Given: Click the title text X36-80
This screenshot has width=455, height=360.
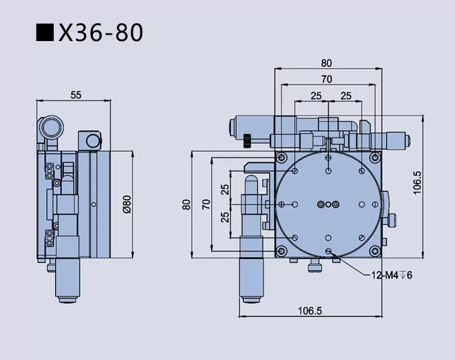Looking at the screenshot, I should coord(101,33).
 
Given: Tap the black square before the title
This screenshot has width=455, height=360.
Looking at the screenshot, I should coord(45,33).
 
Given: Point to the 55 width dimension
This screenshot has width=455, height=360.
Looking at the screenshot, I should coord(75,95).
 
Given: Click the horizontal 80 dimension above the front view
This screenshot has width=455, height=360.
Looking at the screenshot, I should coord(326,63).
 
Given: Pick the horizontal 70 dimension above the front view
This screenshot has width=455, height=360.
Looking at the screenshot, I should coord(326,80).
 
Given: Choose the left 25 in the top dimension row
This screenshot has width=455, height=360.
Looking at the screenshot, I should coord(315,95).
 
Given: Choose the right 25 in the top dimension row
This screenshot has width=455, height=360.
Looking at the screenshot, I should coord(346,95).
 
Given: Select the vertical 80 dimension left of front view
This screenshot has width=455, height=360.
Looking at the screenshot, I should coord(186,204).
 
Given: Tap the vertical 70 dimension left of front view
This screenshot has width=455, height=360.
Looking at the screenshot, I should coord(205,204).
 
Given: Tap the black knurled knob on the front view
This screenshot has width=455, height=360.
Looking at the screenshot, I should coord(248,139).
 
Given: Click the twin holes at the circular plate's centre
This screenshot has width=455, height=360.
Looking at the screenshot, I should coord(328,203).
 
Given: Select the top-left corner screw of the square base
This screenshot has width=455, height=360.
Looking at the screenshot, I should coord(281,157).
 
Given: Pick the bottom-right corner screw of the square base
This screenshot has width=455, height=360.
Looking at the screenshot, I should coord(375,250).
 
